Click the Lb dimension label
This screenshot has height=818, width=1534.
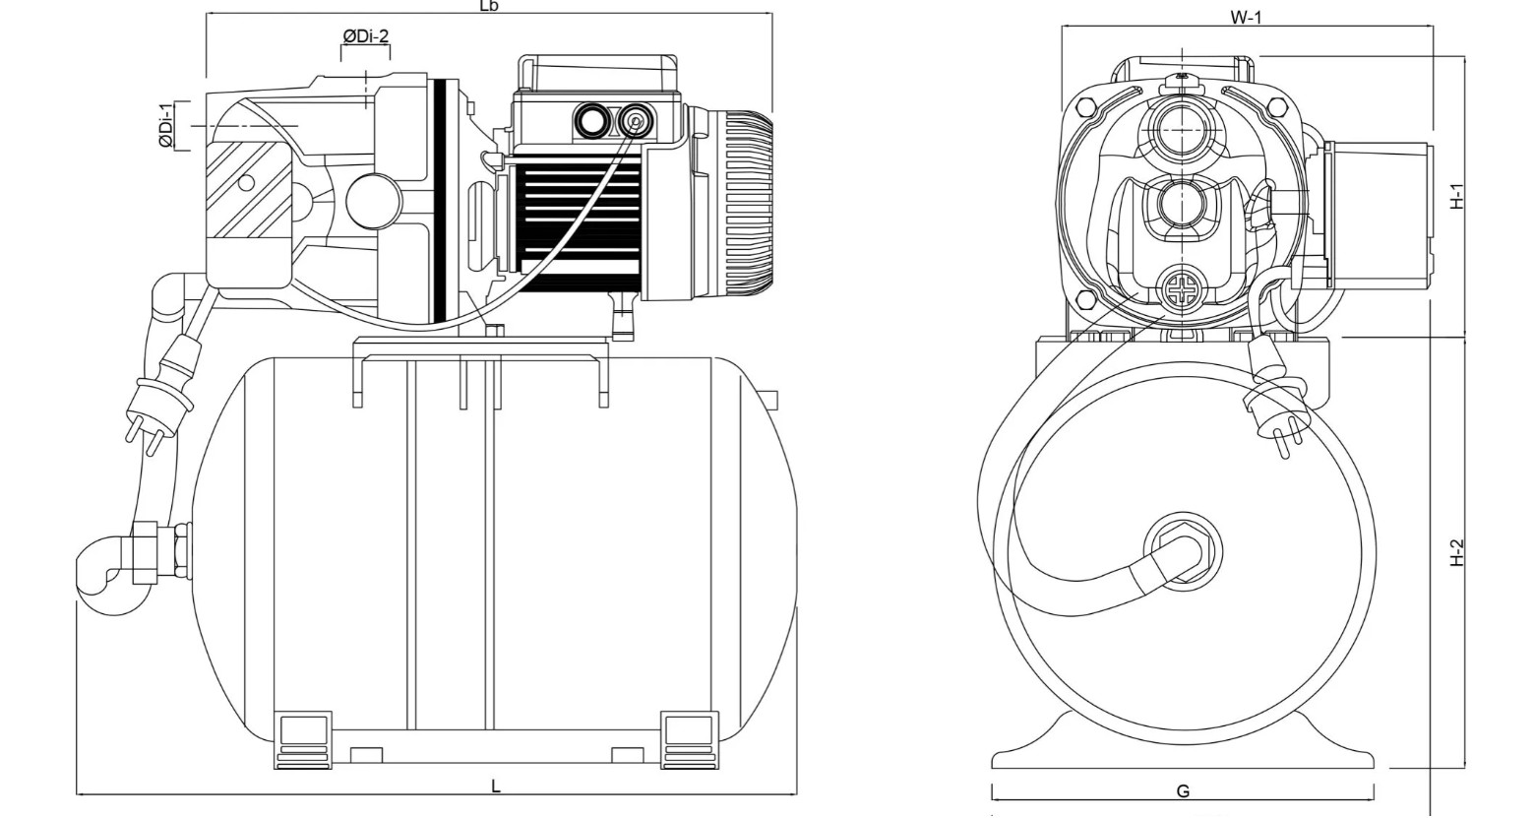[x=489, y=6]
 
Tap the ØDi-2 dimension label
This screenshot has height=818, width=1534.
[x=366, y=36]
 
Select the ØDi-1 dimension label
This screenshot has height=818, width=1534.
[x=165, y=125]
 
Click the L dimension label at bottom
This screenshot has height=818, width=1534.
[x=496, y=787]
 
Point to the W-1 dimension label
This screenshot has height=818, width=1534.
[x=1246, y=18]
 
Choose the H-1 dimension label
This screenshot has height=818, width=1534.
[x=1457, y=197]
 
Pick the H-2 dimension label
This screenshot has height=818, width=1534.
[x=1457, y=553]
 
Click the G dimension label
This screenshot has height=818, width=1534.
[x=1184, y=791]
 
